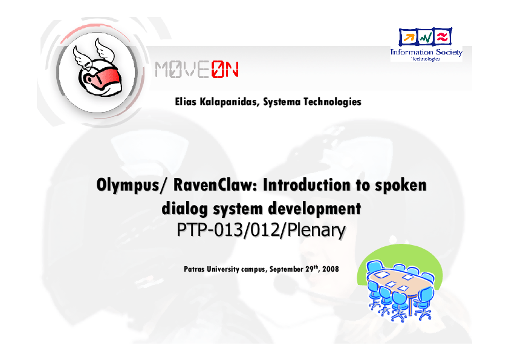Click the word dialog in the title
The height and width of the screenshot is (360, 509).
pyautogui.click(x=181, y=209)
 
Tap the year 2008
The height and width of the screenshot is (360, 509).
pyautogui.click(x=331, y=268)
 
